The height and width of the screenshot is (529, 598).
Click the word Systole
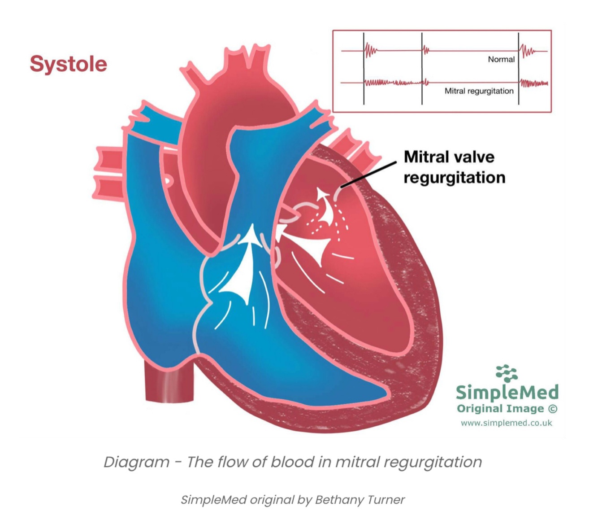click(x=68, y=64)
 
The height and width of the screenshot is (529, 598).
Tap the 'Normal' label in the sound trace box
click(x=501, y=59)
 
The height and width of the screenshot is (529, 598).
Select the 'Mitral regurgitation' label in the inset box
click(x=479, y=91)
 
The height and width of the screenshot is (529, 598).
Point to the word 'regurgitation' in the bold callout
click(x=454, y=178)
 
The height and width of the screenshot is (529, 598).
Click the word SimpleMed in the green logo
click(x=507, y=392)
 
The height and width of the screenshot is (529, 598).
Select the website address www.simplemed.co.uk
click(x=506, y=423)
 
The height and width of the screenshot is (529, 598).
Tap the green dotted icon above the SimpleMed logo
click(x=507, y=373)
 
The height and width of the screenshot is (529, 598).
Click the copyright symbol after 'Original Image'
click(x=553, y=409)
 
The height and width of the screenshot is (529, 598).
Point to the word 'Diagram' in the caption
click(x=136, y=462)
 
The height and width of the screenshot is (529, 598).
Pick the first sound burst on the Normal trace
click(x=370, y=51)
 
